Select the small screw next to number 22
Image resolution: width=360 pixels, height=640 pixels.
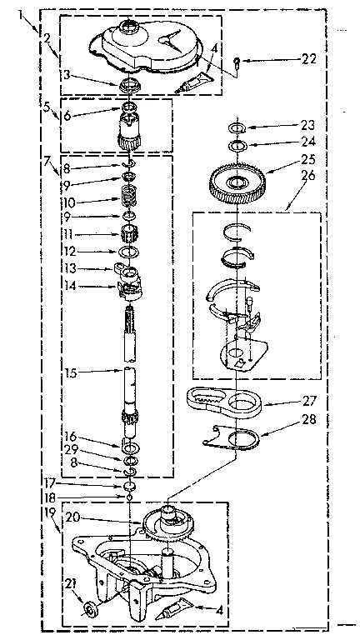pyautogui.click(x=238, y=60)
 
